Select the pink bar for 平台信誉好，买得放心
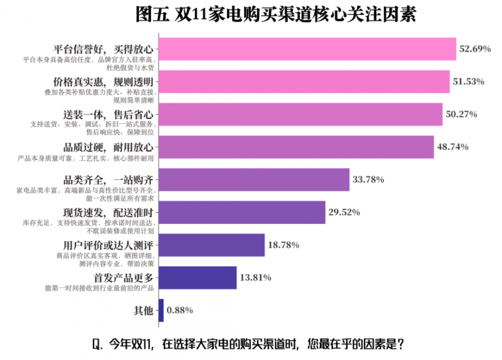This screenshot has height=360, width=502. (x=307, y=49)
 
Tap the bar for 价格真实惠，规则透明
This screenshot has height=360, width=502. (x=304, y=81)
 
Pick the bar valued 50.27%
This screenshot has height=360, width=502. (x=300, y=114)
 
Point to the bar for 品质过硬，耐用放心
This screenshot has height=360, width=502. (x=296, y=147)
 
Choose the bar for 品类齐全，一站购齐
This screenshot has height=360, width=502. (x=254, y=179)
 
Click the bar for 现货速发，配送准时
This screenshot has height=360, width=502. (x=242, y=212)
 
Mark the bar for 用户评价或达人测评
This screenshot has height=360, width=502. (x=212, y=245)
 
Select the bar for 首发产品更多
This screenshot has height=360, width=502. (x=198, y=277)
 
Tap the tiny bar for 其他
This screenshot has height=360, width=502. (x=161, y=310)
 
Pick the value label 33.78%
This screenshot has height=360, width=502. (x=368, y=179)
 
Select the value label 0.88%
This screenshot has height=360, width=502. (x=180, y=310)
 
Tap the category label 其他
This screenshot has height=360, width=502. (x=143, y=310)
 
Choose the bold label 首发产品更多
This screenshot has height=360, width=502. (x=122, y=277)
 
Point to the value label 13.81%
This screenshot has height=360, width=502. (x=256, y=277)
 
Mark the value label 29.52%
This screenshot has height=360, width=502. (x=344, y=212)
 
